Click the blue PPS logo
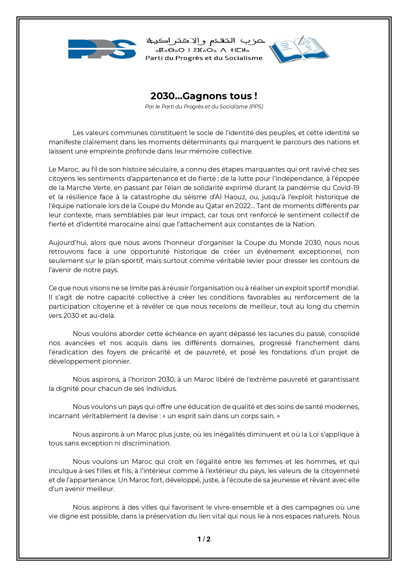pyautogui.click(x=102, y=49)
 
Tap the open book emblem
pyautogui.click(x=299, y=49)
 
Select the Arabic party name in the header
pyautogui.click(x=205, y=41)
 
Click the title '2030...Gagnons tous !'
pyautogui.click(x=204, y=96)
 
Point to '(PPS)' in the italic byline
pyautogui.click(x=256, y=107)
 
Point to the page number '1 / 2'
pyautogui.click(x=204, y=539)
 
